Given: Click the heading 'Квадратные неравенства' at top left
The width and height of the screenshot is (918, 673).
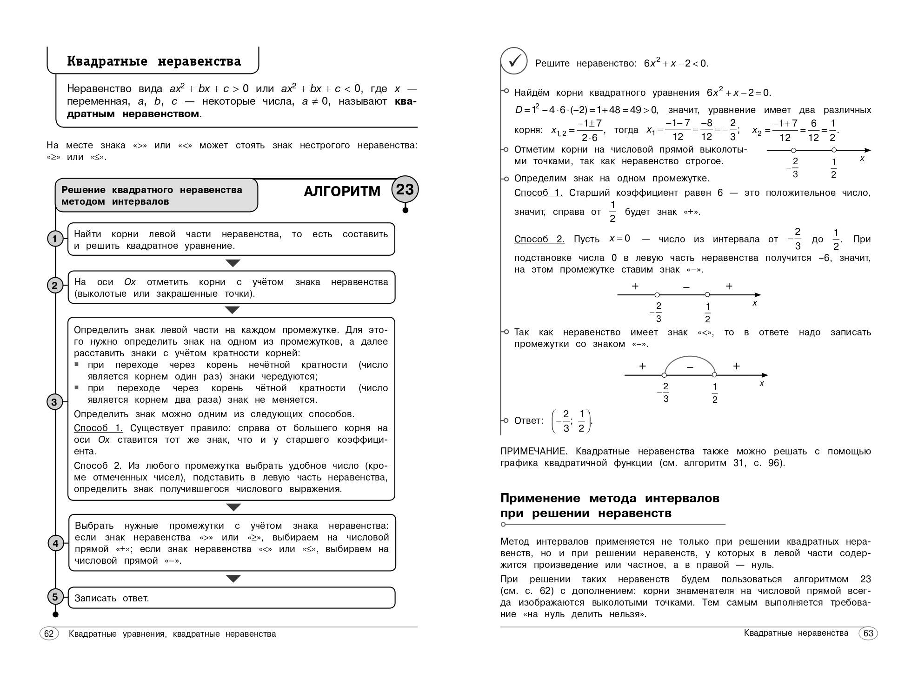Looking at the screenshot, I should tap(154, 61).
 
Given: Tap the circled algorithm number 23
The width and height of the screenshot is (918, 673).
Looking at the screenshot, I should tap(405, 189).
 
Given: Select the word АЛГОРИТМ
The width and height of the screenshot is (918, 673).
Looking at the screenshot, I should tap(342, 191).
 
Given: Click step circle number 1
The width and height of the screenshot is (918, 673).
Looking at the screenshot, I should tap(55, 239).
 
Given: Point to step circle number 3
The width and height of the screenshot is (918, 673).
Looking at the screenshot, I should tap(54, 402).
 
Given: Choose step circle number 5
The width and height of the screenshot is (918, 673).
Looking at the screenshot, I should tap(55, 597).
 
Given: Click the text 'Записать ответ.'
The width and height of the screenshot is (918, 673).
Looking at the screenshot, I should tap(112, 598).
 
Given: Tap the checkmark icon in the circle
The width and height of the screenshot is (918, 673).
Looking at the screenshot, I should tap(514, 61).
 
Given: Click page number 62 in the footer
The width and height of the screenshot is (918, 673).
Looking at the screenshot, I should tap(49, 634).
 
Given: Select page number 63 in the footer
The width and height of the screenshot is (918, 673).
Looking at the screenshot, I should tap(868, 633).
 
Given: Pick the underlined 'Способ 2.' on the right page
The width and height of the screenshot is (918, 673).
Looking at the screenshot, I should tap(539, 239).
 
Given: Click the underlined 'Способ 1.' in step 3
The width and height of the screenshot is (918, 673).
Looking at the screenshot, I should tap(98, 428).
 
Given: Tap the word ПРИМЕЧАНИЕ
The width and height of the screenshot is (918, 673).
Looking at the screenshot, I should tap(533, 451).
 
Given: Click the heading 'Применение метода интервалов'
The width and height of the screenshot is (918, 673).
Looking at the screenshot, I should tap(610, 498).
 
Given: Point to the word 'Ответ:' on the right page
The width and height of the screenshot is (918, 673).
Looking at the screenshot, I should tap(529, 420).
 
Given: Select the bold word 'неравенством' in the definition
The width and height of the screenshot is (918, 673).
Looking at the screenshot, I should tap(161, 114).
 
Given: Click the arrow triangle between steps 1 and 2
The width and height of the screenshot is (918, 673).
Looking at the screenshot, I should tap(233, 263).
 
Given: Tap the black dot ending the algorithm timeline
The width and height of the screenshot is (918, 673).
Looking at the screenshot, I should tap(56, 614).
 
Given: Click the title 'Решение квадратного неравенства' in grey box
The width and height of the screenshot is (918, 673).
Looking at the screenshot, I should tap(152, 190).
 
